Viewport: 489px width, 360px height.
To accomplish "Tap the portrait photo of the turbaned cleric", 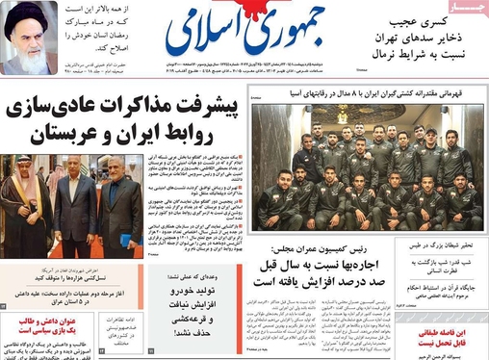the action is [31, 38].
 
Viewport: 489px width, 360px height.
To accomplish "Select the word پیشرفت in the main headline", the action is [193, 107].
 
